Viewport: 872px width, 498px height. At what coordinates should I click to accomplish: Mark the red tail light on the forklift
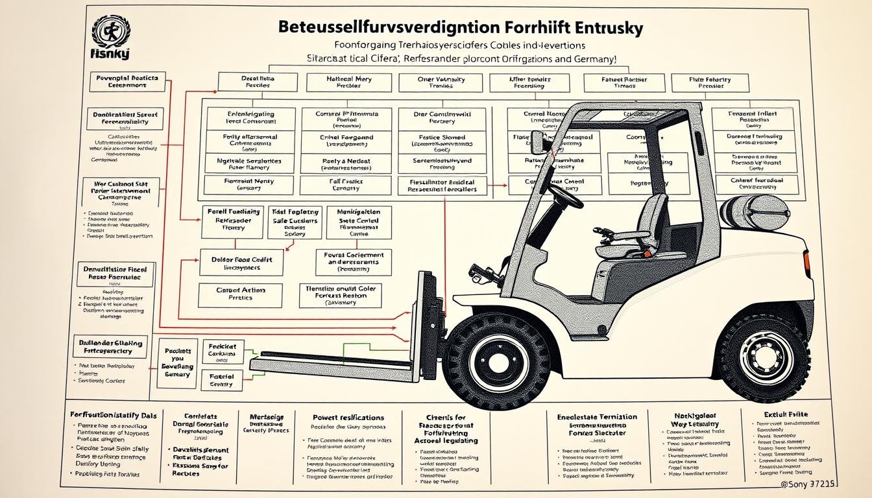pyautogui.click(x=806, y=263)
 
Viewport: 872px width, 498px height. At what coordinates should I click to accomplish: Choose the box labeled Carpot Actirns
pyautogui.click(x=241, y=295)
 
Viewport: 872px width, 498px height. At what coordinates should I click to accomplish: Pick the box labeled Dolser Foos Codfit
pyautogui.click(x=241, y=263)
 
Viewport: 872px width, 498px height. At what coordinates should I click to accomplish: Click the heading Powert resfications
pyautogui.click(x=348, y=418)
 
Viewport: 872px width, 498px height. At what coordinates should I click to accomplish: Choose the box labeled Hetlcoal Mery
pyautogui.click(x=348, y=82)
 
